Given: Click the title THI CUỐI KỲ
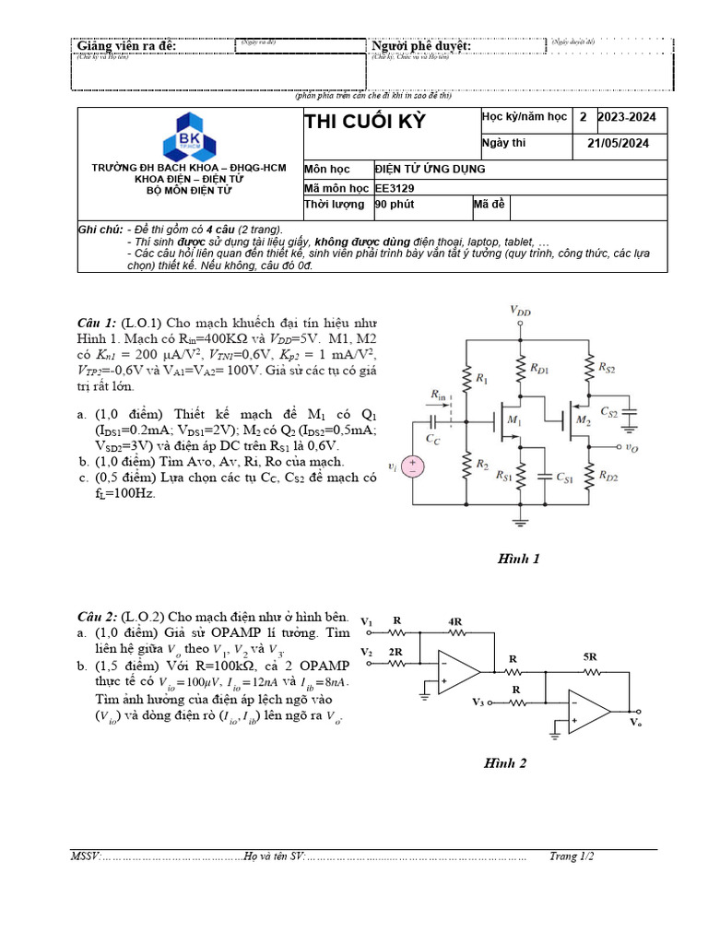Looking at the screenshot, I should pyautogui.click(x=365, y=123).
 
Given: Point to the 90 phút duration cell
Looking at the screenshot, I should pyautogui.click(x=393, y=205).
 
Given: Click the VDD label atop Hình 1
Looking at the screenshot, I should pyautogui.click(x=521, y=312).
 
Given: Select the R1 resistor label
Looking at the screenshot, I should pyautogui.click(x=480, y=378).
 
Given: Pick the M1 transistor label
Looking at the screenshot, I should pyautogui.click(x=513, y=421).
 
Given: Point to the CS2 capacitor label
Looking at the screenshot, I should pyautogui.click(x=609, y=411).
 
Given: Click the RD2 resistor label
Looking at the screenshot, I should pyautogui.click(x=608, y=476).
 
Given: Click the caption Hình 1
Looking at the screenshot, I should pyautogui.click(x=518, y=559).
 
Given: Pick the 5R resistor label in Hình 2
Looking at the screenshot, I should pyautogui.click(x=589, y=657).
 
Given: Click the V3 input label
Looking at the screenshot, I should pyautogui.click(x=478, y=702).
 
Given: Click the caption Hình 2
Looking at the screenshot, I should pyautogui.click(x=505, y=762).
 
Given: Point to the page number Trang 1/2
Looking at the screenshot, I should pyautogui.click(x=572, y=856).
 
